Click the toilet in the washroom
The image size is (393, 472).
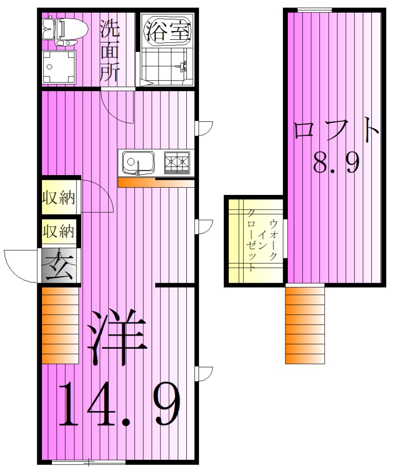(66, 30)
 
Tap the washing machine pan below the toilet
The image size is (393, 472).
(59, 67)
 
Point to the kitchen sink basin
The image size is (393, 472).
(138, 163)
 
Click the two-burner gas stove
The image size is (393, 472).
(177, 162)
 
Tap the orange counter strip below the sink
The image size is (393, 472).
(137, 183)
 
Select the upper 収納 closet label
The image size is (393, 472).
(59, 198)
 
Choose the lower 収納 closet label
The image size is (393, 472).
(59, 231)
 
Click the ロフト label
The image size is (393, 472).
(336, 130)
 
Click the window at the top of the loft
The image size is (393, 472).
(315, 9)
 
